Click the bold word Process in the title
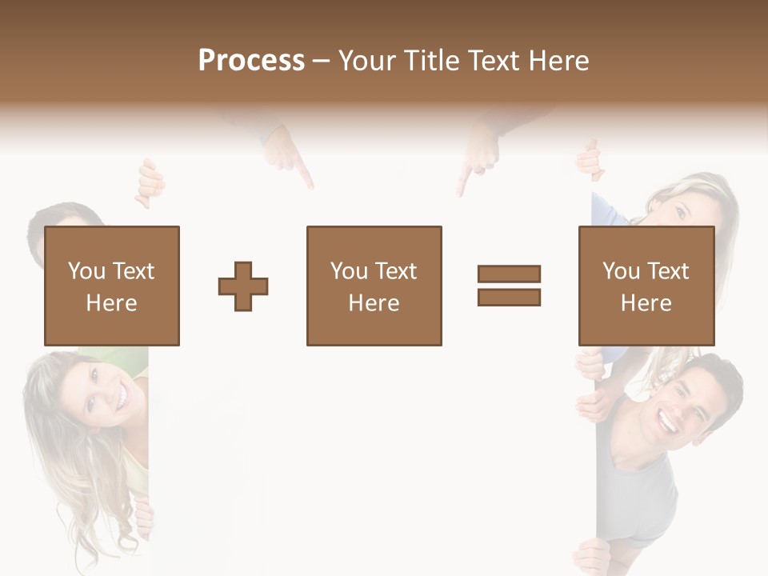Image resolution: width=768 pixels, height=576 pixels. (x=251, y=60)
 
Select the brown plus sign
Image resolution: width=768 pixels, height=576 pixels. (x=243, y=286)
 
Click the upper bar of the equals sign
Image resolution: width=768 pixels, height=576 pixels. (x=509, y=274)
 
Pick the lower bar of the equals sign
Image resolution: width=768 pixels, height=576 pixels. (x=509, y=297)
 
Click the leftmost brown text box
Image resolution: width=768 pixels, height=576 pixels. (x=111, y=286)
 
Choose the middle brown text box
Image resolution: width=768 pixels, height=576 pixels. (x=374, y=286)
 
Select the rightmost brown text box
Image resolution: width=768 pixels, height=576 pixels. (x=646, y=286)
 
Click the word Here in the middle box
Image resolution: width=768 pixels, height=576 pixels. (x=374, y=302)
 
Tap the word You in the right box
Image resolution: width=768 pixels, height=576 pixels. (x=621, y=271)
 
